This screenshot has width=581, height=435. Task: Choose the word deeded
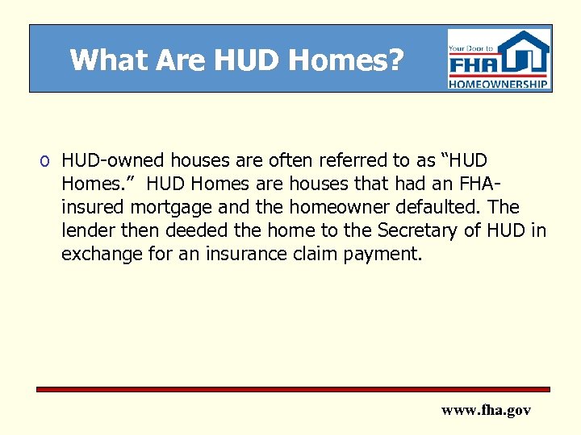coord(194,231)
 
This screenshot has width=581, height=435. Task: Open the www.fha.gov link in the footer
coord(486,410)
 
